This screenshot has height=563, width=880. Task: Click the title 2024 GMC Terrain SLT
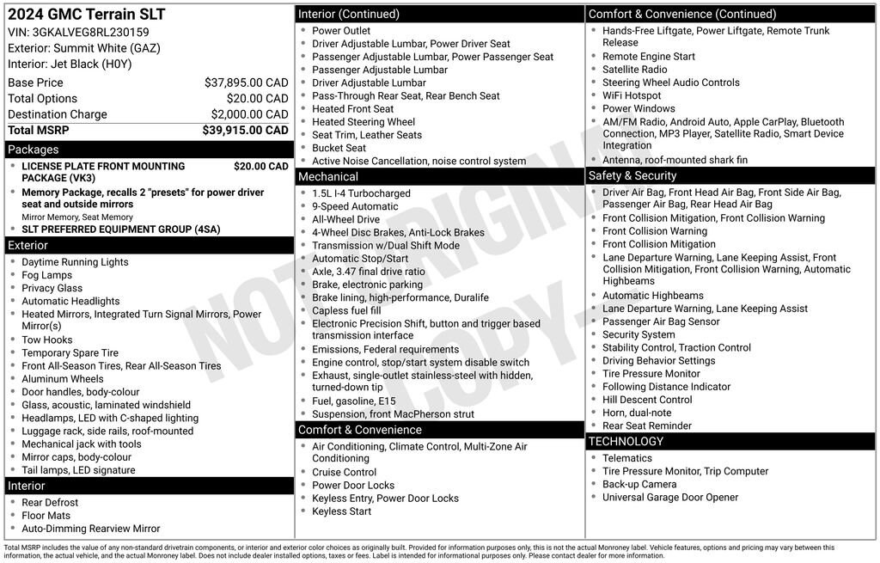86,15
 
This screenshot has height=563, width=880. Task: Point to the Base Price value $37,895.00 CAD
246,83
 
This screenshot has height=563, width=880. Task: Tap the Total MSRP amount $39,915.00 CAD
245,131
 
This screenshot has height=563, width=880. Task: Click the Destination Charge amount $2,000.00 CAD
249,114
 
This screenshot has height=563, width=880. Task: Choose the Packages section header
34,150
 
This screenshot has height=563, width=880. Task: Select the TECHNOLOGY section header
626,441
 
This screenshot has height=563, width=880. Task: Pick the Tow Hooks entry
47,340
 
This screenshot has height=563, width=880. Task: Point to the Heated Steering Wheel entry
364,122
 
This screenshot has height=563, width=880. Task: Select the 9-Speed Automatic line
355,206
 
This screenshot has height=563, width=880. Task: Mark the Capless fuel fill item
346,310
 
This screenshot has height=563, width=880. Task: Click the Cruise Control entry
344,472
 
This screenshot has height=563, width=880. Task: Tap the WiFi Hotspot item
632,95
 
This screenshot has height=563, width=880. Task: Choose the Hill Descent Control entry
647,400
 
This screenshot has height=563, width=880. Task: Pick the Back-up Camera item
639,484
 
